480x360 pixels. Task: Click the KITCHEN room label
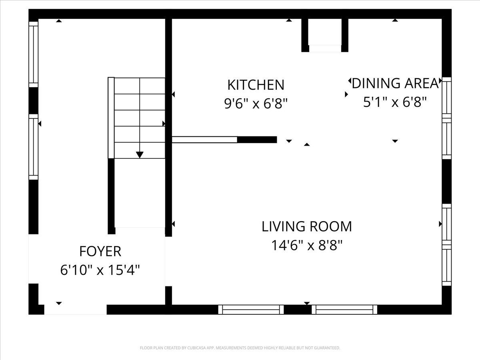coord(256,85)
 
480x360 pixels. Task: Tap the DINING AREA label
coord(395,83)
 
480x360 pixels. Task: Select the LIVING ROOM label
coord(307,226)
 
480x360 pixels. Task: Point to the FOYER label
coord(100,251)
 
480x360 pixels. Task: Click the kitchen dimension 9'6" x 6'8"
coord(256,103)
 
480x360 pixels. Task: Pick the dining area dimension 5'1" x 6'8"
coord(395,102)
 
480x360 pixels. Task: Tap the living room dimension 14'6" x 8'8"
coord(307,245)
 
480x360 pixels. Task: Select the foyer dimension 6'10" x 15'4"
coord(100,270)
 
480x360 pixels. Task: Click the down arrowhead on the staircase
coord(140,155)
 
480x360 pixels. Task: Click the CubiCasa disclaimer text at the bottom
coord(240,348)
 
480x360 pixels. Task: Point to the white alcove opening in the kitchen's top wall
coord(325,48)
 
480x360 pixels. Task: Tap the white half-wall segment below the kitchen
coord(204,140)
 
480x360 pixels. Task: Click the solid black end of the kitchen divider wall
coord(257,140)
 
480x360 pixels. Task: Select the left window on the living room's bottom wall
coord(251,310)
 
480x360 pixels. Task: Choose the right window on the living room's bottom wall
coord(344,310)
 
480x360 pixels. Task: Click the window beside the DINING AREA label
coord(447,118)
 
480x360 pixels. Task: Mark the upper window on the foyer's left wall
coord(34,54)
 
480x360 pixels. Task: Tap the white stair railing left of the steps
coord(111,118)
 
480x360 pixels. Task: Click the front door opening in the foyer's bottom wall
coord(76,310)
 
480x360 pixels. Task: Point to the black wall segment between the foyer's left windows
coord(34,101)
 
